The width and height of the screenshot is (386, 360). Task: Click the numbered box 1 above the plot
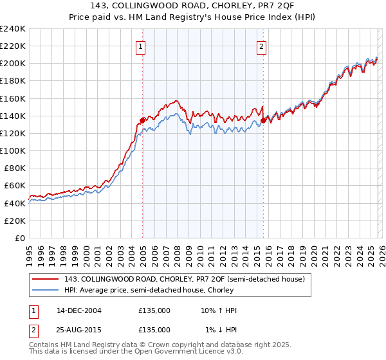(140, 46)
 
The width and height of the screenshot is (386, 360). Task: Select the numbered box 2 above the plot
(262, 46)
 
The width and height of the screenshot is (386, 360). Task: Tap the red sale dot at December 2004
(142, 120)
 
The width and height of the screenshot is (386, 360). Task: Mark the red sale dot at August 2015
(264, 120)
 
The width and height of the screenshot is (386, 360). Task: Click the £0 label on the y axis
(19, 238)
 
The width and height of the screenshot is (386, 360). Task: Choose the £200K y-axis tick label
(13, 64)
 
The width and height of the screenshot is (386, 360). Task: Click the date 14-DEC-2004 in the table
(79, 310)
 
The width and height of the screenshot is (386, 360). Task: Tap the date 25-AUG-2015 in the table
(79, 329)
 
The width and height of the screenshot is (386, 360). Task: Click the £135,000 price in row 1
(154, 310)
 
